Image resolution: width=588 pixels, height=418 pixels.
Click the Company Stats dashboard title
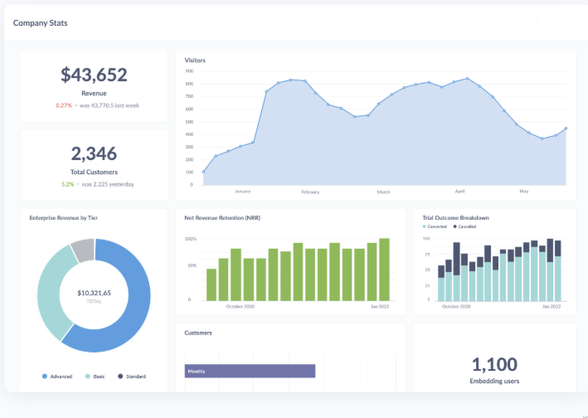[x=40, y=22]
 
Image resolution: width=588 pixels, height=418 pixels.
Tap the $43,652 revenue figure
[x=94, y=75]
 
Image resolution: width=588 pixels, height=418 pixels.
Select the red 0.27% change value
[x=64, y=105]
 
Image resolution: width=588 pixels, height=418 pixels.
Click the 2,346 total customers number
[x=94, y=153]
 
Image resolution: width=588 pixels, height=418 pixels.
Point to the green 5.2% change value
[x=67, y=184]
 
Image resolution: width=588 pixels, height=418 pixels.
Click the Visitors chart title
[x=195, y=61]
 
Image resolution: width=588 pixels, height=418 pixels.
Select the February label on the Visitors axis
[x=310, y=192]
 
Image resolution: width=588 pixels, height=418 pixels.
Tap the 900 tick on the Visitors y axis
[x=189, y=71]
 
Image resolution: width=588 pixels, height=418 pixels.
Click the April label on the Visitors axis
[x=460, y=192]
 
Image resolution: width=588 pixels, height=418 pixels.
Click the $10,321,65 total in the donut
[x=94, y=293]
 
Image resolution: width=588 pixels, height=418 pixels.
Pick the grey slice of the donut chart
[x=83, y=248]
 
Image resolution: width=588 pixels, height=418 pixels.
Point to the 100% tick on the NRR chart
[x=190, y=239]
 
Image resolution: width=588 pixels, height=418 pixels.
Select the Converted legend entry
[x=436, y=226]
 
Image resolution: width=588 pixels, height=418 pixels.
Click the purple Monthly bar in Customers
[x=250, y=371]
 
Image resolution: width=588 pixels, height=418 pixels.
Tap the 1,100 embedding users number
[x=494, y=364]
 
